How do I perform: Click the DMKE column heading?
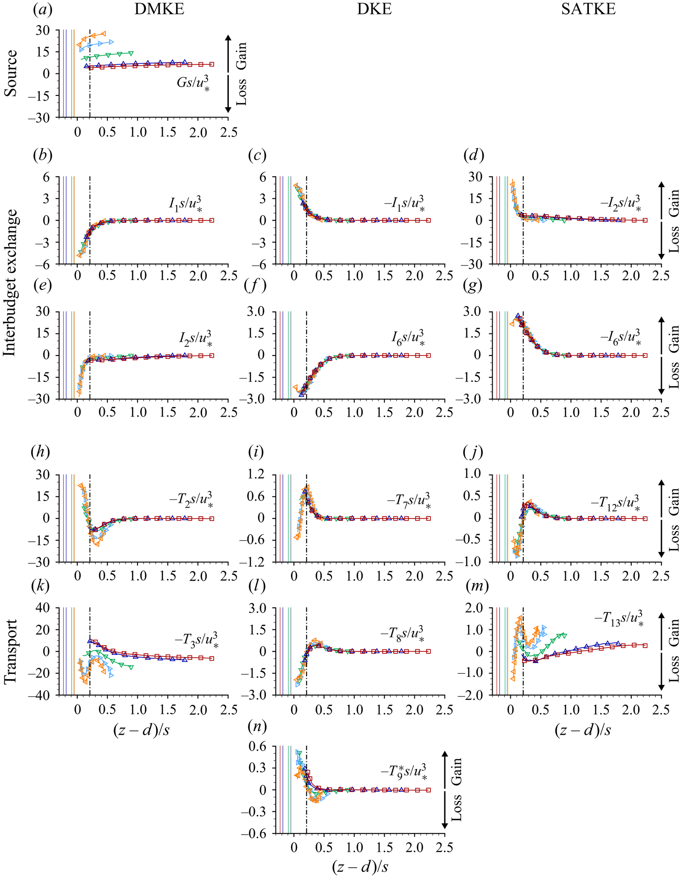(x=159, y=9)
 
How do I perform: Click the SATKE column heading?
(x=588, y=9)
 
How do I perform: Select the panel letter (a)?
(x=43, y=10)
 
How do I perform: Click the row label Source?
(x=11, y=73)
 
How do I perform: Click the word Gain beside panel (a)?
(x=241, y=56)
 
